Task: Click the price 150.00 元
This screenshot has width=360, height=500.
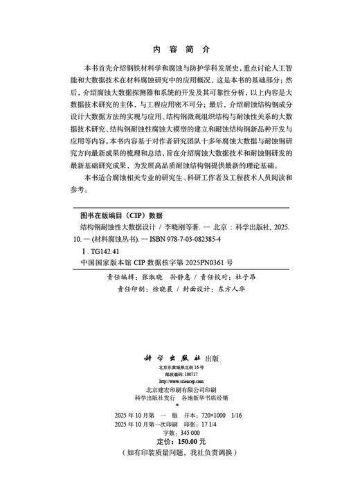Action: tap(188, 440)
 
